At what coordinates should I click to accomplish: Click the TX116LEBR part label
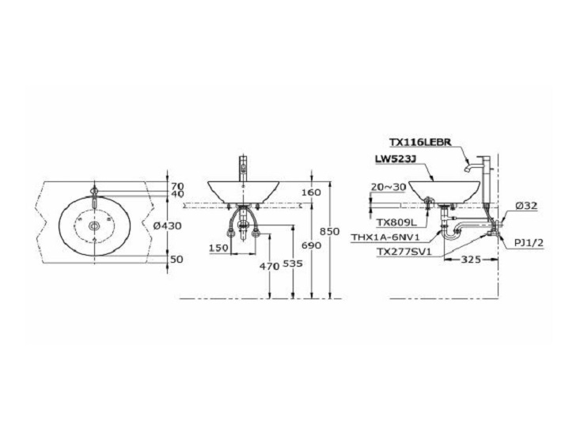pos(420,142)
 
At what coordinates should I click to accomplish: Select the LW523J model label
pos(395,159)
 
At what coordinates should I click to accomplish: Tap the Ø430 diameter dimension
pos(167,226)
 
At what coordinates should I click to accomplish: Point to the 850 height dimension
pos(330,232)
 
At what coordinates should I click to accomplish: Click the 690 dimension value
pos(311,246)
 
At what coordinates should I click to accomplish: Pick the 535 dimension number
pos(293,264)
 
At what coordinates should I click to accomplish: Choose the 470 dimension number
pos(270,267)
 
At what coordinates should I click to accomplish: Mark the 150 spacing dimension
pos(218,248)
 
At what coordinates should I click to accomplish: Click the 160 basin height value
pos(311,192)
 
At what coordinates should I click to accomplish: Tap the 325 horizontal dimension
pos(471,259)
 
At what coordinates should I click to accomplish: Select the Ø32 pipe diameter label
pos(527,206)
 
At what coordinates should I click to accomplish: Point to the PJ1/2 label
pos(529,243)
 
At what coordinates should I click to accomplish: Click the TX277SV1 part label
pos(404,252)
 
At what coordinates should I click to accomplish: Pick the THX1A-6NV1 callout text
pos(385,237)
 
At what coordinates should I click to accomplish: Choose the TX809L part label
pos(396,222)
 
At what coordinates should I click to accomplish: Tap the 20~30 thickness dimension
pos(388,187)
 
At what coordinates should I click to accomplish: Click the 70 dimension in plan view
pos(177,185)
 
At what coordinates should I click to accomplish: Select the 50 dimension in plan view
pos(176,259)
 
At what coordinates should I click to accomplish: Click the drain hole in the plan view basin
pos(95,226)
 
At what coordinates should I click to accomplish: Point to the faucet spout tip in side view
pos(466,170)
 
